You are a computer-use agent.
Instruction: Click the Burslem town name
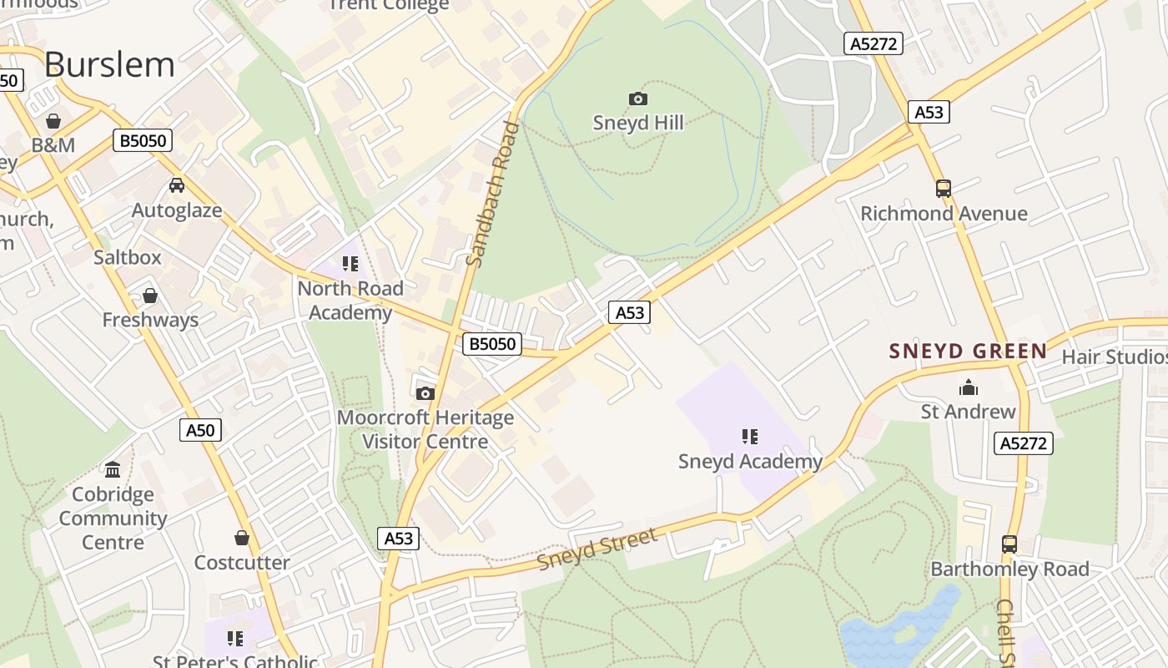point(109,64)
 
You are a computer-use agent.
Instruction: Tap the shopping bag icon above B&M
point(53,121)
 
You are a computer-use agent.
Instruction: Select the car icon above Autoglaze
point(177,185)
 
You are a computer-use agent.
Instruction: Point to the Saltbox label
point(128,257)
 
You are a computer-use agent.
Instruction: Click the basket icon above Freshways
point(150,296)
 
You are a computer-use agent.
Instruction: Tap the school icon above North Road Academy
point(350,264)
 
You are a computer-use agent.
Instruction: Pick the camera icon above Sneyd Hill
point(638,99)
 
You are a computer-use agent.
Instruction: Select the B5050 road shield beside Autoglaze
point(143,140)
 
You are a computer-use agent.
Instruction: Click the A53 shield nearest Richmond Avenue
point(929,112)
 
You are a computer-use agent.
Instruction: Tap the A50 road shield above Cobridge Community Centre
point(200,430)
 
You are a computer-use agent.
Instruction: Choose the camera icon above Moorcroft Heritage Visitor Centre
point(425,393)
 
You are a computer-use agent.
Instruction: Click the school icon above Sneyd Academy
point(750,436)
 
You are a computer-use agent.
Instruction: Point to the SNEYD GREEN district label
point(968,351)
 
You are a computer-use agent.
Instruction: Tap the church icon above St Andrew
point(969,387)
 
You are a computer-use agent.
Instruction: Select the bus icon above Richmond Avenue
point(944,189)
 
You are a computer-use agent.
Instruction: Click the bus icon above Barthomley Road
point(1009,544)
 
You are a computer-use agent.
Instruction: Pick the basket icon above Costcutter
point(242,538)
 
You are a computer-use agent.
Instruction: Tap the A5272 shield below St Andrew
point(1024,443)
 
